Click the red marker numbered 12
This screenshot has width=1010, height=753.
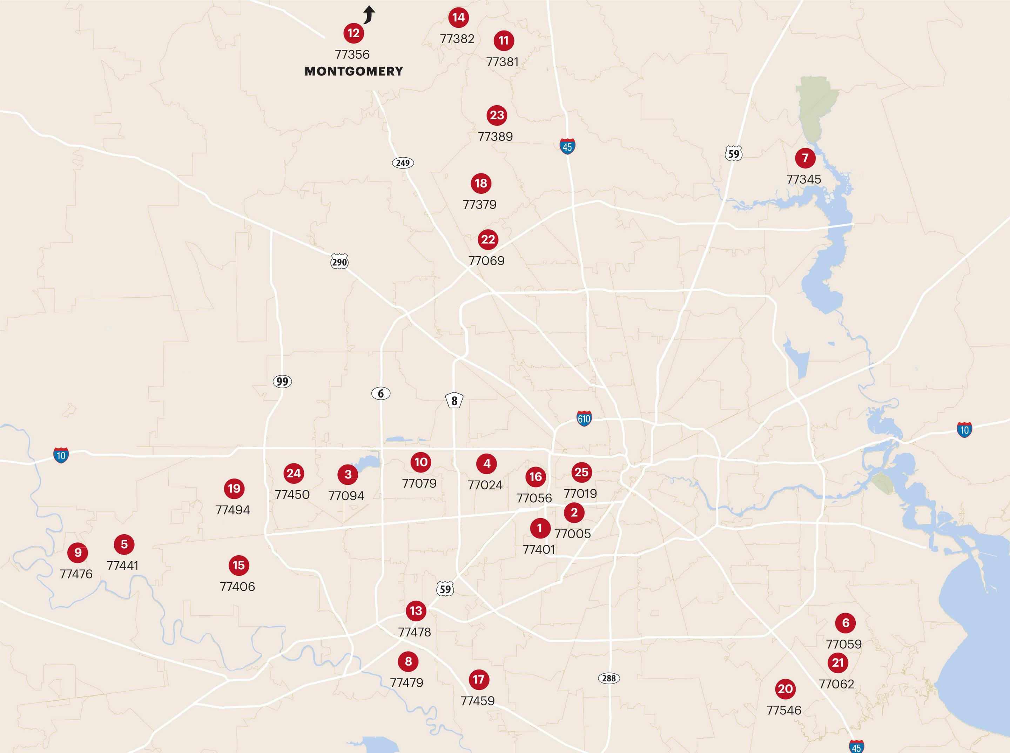pos(353,33)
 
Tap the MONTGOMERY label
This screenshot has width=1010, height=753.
pos(354,71)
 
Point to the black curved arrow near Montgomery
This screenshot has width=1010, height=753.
pos(369,15)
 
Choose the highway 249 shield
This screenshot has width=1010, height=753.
pos(403,163)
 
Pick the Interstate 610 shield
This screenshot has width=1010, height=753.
pos(584,418)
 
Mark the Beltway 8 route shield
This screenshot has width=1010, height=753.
pos(454,401)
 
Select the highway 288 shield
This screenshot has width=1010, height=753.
pos(609,678)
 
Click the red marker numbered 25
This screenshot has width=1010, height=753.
pos(581,472)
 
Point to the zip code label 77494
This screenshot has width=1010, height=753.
pos(233,510)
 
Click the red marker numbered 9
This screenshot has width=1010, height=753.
pos(78,553)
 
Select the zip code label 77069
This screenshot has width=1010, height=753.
pos(486,261)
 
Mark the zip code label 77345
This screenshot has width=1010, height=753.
pos(804,179)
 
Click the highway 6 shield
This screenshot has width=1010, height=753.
pos(381,394)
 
